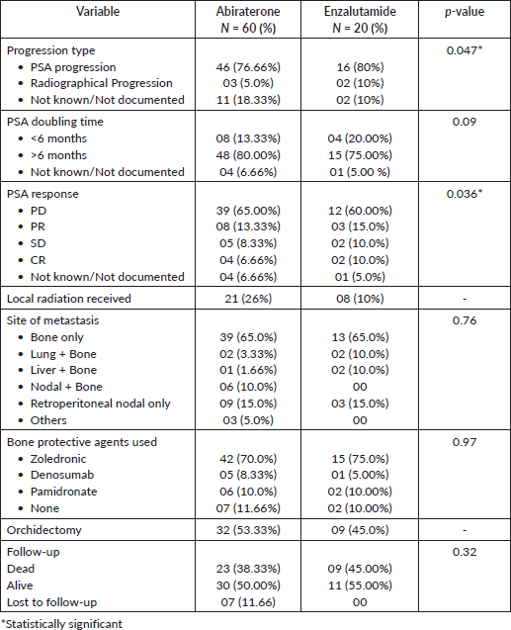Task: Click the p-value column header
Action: (x=464, y=11)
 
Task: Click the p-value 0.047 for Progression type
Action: (x=464, y=50)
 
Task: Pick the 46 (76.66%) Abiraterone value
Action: (x=248, y=67)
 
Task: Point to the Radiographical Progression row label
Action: (x=102, y=83)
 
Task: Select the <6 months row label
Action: (x=58, y=138)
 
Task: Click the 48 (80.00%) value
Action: (x=248, y=155)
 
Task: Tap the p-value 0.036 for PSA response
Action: (x=464, y=194)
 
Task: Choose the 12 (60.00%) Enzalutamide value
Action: (x=360, y=211)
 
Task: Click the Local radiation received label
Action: (x=69, y=299)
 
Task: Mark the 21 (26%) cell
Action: (x=248, y=299)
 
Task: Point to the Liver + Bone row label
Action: (x=63, y=370)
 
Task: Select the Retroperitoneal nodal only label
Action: (x=101, y=404)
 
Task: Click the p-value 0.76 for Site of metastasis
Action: (x=464, y=320)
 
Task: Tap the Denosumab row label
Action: (x=62, y=475)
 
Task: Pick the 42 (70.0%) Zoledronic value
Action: (x=248, y=459)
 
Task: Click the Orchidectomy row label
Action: (x=44, y=530)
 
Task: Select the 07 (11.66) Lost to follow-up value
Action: (x=248, y=602)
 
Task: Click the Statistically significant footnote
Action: (x=61, y=624)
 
